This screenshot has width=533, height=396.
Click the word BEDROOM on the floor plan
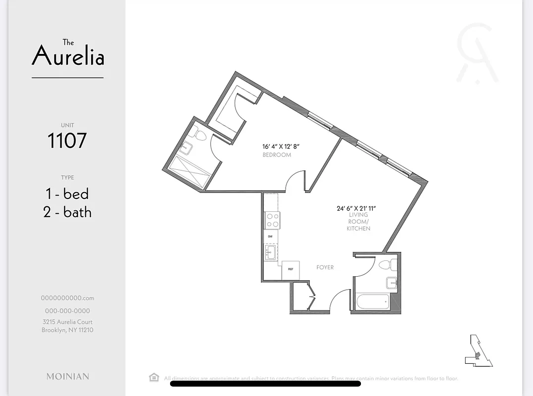277,155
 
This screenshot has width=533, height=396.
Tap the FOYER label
325,267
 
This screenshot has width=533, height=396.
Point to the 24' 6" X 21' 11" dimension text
356,208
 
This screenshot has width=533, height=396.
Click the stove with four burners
272,220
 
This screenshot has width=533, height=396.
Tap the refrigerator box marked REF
291,270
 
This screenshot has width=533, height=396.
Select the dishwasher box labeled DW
270,237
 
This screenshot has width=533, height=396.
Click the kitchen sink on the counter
270,253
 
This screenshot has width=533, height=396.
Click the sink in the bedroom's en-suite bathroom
187,147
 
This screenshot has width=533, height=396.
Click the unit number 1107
67,141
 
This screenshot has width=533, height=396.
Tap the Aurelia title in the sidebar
68,54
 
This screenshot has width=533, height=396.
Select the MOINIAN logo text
68,376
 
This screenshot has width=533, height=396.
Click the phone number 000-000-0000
67,311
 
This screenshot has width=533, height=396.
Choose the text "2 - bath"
67,212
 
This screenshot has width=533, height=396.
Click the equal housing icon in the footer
154,378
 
